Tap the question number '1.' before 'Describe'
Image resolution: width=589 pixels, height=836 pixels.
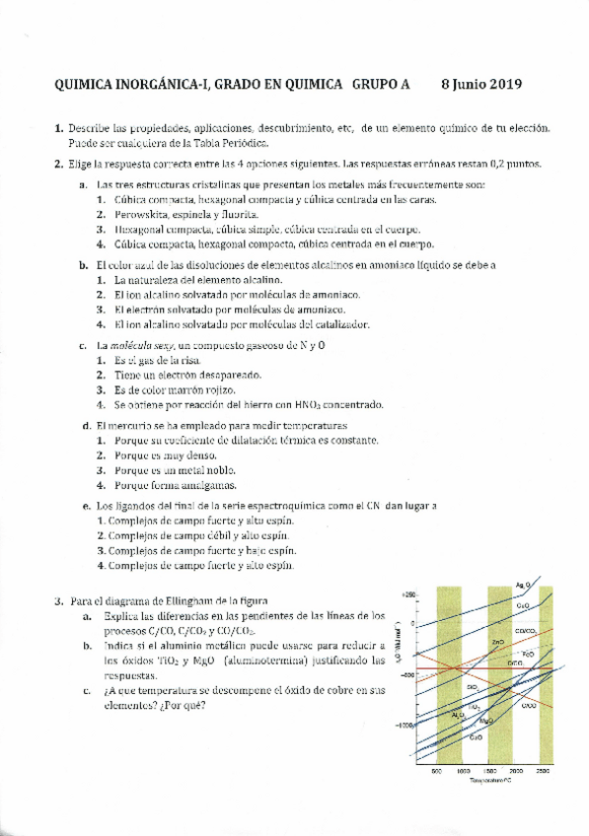[x=59, y=129]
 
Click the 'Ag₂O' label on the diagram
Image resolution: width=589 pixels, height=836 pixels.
[x=522, y=588]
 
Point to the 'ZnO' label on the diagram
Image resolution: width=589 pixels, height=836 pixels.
[x=499, y=642]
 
